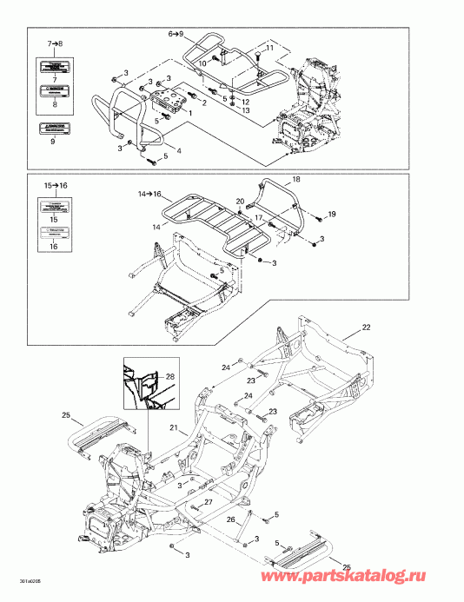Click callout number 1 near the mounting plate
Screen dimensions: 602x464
190,113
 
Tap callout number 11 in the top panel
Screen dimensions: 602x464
268,50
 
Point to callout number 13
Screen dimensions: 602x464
245,112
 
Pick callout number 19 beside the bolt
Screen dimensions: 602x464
329,213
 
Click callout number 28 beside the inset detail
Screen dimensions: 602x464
169,375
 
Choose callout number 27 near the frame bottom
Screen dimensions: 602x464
208,503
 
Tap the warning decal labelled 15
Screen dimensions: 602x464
51,211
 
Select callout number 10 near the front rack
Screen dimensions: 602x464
202,63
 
